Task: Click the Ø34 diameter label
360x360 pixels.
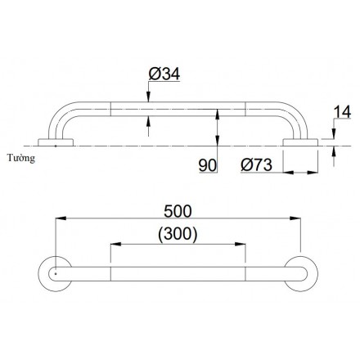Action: [x=164, y=76]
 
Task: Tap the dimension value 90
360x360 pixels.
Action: [x=207, y=165]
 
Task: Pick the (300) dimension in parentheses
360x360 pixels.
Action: [x=178, y=234]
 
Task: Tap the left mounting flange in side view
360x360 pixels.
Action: [x=56, y=145]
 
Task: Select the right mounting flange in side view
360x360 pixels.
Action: [x=300, y=145]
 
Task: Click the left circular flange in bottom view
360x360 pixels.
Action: [x=55, y=272]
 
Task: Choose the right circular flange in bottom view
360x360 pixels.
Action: [x=301, y=272]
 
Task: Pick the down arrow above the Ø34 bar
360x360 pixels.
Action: [x=148, y=97]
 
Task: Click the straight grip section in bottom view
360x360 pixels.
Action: [x=178, y=272]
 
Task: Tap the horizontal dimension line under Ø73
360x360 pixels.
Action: [x=300, y=173]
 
